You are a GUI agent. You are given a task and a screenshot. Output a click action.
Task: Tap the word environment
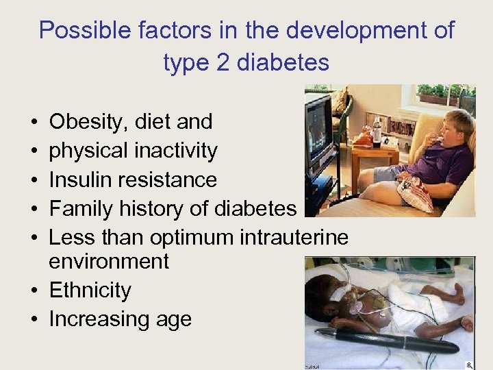(109, 261)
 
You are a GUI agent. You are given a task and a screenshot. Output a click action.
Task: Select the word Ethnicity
(90, 291)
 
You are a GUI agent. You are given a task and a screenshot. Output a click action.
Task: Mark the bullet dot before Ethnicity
(34, 291)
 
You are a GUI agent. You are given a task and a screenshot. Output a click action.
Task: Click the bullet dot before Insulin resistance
(34, 180)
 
